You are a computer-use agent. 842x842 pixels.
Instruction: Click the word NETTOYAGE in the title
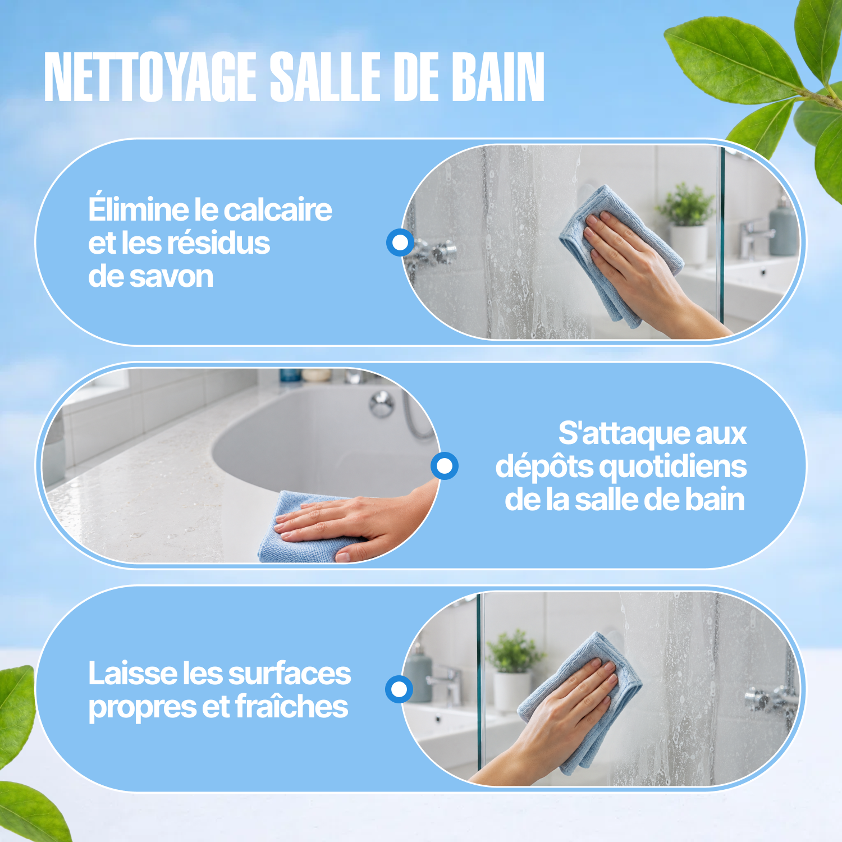point(150,77)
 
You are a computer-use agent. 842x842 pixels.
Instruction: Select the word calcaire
point(278,210)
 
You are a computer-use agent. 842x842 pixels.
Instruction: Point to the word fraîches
point(292,707)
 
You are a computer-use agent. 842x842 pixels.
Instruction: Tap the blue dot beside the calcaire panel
point(400,242)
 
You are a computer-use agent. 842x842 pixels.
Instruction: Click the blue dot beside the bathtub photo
point(445,466)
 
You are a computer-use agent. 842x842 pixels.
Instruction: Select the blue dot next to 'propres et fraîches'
point(399,689)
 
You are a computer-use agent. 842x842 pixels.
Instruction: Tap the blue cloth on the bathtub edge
point(303,528)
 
